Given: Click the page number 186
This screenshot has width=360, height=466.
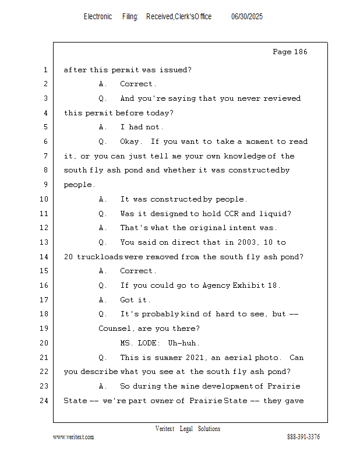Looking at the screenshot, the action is click(x=301, y=52).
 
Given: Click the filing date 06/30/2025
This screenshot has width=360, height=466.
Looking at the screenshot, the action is click(x=247, y=17).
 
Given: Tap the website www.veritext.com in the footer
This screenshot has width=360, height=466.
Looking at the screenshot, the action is click(x=73, y=437).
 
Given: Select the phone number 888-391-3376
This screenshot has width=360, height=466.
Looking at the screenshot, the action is click(x=303, y=437).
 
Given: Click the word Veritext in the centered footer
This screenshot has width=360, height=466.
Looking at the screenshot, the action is click(x=165, y=429).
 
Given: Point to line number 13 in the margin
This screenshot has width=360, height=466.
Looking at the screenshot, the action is click(x=44, y=242).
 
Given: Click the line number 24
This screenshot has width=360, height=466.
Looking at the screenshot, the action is click(x=44, y=401).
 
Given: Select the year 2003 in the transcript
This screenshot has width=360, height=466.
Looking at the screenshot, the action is click(x=247, y=242).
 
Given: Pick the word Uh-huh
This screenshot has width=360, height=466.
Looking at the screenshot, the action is click(x=182, y=343).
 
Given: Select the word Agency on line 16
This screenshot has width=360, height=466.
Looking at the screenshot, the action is click(x=217, y=285).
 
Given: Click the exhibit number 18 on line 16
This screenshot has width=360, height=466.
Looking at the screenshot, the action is click(x=272, y=285).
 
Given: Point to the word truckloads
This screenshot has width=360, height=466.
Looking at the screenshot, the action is click(x=100, y=257).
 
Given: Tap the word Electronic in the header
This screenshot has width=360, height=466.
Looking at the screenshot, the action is click(x=98, y=17).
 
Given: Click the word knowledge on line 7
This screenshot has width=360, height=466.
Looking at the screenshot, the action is click(x=245, y=156).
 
